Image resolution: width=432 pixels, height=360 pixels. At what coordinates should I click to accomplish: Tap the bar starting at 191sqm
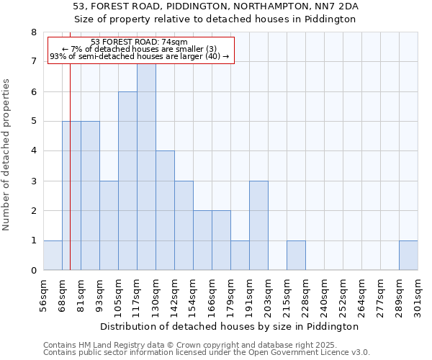(258, 225)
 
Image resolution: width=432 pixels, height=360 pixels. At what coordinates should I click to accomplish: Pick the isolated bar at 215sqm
(296, 256)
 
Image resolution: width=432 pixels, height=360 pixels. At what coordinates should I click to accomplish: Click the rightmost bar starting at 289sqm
(408, 256)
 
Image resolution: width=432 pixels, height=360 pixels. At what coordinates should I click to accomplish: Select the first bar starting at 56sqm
(53, 256)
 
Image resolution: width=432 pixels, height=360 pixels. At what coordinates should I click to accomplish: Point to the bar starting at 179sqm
(240, 256)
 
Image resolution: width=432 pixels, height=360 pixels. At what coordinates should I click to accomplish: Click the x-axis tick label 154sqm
(194, 297)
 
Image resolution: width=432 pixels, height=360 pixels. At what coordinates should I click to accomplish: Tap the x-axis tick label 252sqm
(343, 297)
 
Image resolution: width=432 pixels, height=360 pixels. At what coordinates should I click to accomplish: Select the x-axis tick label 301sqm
(418, 297)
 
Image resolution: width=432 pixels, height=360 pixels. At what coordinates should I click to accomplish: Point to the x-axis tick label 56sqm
(44, 297)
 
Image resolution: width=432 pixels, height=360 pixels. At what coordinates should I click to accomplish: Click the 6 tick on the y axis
(33, 92)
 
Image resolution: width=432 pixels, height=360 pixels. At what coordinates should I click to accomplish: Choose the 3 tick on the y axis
(33, 181)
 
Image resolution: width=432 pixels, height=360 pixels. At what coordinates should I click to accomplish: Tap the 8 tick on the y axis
(33, 32)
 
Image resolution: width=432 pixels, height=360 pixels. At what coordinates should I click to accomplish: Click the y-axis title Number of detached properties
(7, 155)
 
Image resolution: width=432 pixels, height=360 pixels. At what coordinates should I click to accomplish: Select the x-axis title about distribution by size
(229, 326)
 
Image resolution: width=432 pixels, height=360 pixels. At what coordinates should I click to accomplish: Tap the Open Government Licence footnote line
(207, 353)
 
